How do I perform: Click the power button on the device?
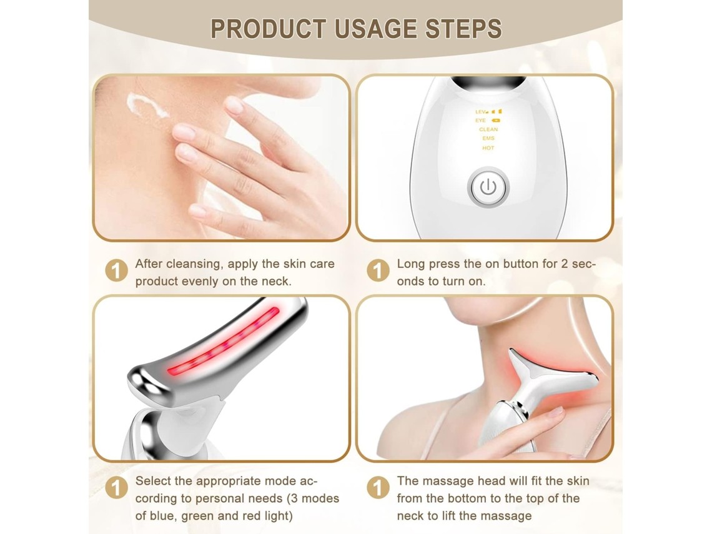488,187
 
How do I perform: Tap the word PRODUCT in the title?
269,29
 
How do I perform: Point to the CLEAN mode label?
488,129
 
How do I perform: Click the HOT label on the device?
488,148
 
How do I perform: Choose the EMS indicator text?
488,139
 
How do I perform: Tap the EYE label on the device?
480,121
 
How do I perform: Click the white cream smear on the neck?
146,106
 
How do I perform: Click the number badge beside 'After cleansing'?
116,270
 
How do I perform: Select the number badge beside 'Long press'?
378,270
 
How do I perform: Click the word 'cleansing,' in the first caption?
195,264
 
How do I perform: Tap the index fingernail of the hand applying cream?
234,105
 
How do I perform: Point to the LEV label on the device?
480,112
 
